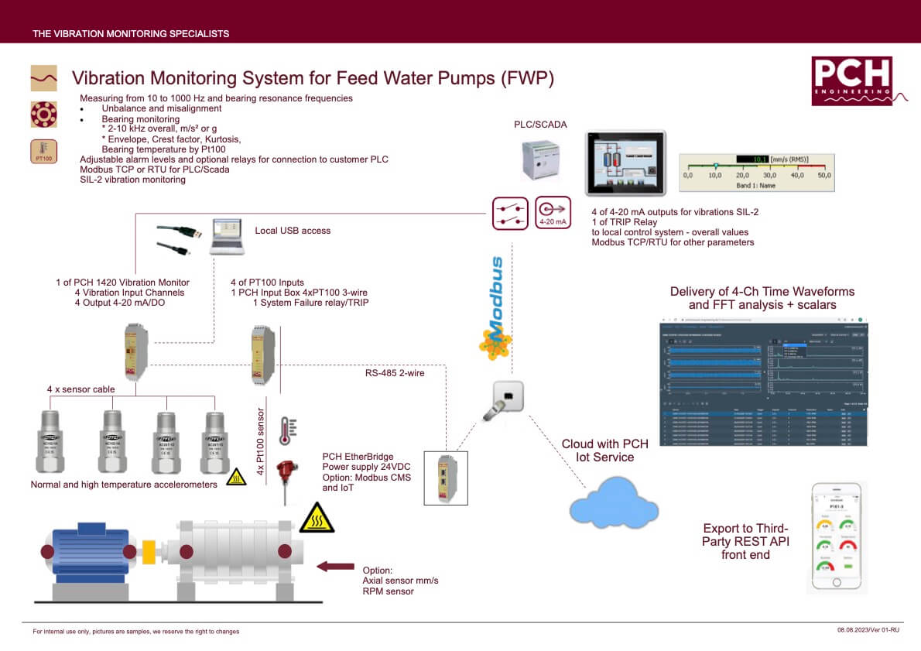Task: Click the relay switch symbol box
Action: (511, 213)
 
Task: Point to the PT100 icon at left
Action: (43, 151)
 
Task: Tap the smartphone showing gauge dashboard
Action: (836, 537)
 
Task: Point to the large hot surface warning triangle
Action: (317, 519)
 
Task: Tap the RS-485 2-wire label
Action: (395, 373)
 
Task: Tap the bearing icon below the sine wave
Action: (43, 114)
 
